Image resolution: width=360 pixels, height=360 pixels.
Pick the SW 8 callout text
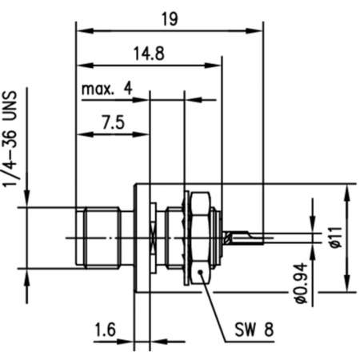pos(255,329)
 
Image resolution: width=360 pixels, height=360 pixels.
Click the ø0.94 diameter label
pos(301,284)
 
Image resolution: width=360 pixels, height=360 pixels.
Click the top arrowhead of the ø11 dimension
pos(346,190)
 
